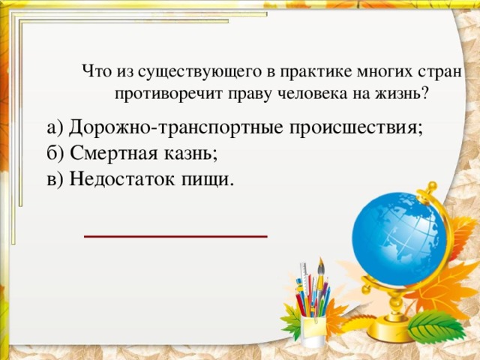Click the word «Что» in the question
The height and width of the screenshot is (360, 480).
point(95,73)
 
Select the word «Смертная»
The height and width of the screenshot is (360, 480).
point(112,154)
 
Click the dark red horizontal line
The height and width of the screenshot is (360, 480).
point(175,235)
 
